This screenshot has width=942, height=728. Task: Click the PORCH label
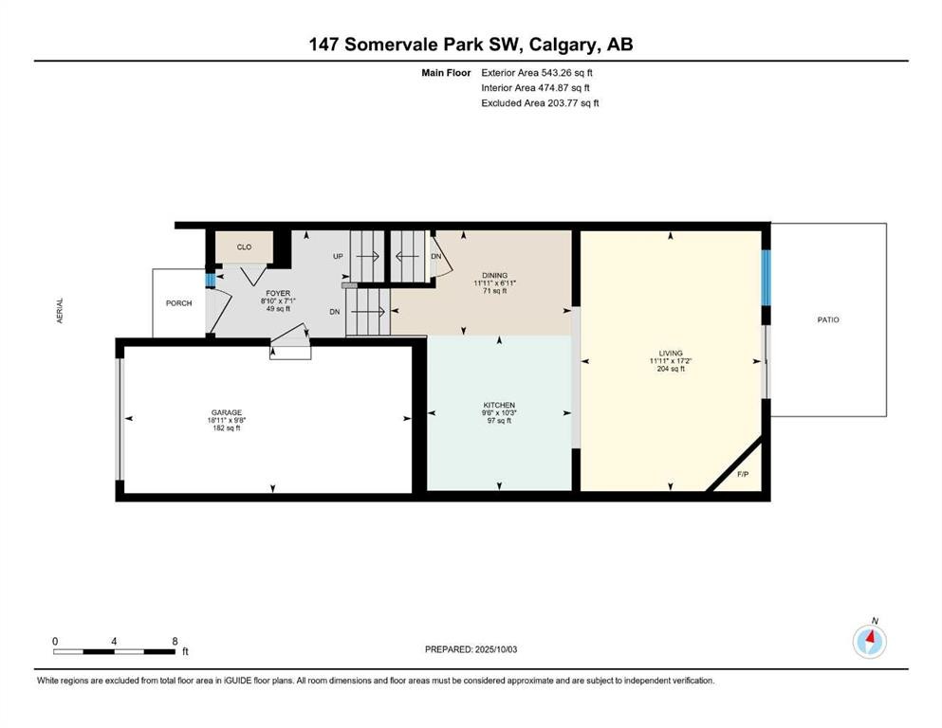178,303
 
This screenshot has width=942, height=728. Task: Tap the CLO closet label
244,246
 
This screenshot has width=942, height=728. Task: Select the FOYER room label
278,294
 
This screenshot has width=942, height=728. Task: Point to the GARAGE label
226,414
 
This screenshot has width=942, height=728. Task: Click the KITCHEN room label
499,405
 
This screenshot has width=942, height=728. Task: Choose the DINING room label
494,276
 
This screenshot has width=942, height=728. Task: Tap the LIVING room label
671,354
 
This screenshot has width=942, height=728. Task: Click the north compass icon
869,641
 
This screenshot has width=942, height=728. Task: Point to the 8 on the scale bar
175,641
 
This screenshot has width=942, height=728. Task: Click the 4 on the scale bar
114,641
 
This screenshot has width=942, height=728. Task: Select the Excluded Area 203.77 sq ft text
540,103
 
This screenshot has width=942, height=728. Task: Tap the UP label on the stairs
337,257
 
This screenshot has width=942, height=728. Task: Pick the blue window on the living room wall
767,276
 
